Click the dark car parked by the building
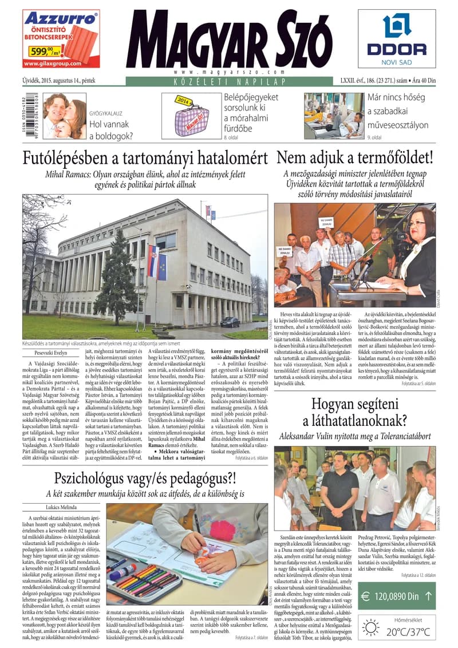230,322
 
